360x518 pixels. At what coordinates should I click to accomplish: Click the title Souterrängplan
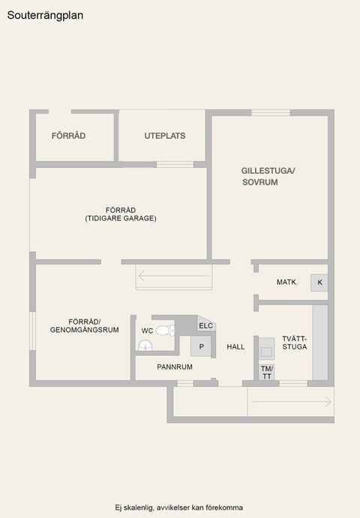tap(46, 13)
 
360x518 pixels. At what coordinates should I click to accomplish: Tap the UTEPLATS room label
tap(165, 136)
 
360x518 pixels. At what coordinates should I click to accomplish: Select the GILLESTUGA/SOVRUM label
tap(268, 176)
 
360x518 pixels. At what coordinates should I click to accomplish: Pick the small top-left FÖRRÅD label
tap(69, 136)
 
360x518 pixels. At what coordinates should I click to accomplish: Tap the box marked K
tap(319, 283)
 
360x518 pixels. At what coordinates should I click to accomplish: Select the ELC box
tap(206, 325)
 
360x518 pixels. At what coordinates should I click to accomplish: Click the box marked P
tap(201, 346)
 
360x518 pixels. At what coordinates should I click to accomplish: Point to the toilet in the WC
tap(165, 330)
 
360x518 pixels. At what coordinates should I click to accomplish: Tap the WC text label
tap(147, 331)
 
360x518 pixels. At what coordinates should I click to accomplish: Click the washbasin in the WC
tap(145, 345)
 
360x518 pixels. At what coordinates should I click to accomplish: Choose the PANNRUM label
tap(175, 367)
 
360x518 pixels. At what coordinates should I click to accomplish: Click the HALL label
tap(236, 347)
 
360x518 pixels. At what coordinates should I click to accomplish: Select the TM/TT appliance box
tap(266, 372)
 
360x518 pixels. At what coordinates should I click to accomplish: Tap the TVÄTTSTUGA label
tap(294, 343)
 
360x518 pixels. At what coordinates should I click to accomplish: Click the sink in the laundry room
tap(266, 351)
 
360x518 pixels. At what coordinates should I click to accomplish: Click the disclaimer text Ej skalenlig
tap(179, 508)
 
